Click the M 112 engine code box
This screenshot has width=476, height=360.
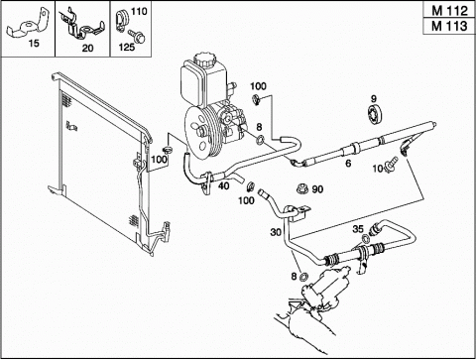click(449, 11)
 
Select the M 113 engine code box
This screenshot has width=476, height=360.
click(449, 26)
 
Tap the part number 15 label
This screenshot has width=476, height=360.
click(34, 44)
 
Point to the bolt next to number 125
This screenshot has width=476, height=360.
click(137, 36)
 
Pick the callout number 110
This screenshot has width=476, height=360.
click(139, 11)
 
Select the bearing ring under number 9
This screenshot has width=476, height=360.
click(375, 115)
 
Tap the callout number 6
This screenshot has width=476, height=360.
click(348, 163)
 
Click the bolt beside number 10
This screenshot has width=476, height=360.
click(392, 165)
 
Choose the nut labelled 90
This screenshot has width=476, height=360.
click(302, 188)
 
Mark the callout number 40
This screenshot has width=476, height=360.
click(224, 185)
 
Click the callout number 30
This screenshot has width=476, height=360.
click(276, 232)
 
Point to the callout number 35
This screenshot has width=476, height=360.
click(358, 229)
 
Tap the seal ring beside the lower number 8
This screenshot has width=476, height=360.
click(303, 277)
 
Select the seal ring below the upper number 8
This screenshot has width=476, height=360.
click(261, 140)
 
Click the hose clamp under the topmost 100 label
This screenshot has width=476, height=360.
click(257, 99)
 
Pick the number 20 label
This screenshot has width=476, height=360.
click(87, 49)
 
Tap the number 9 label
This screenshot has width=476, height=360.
click(374, 98)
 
